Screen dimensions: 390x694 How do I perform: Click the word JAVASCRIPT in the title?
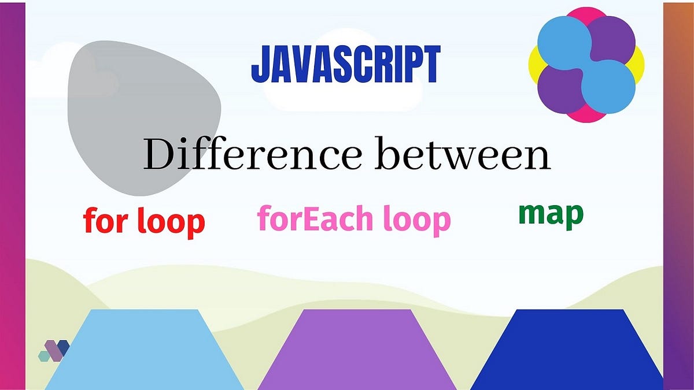click(345, 65)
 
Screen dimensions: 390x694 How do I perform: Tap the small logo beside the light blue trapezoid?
click(54, 351)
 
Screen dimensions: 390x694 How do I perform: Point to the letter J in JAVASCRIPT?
click(259, 65)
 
